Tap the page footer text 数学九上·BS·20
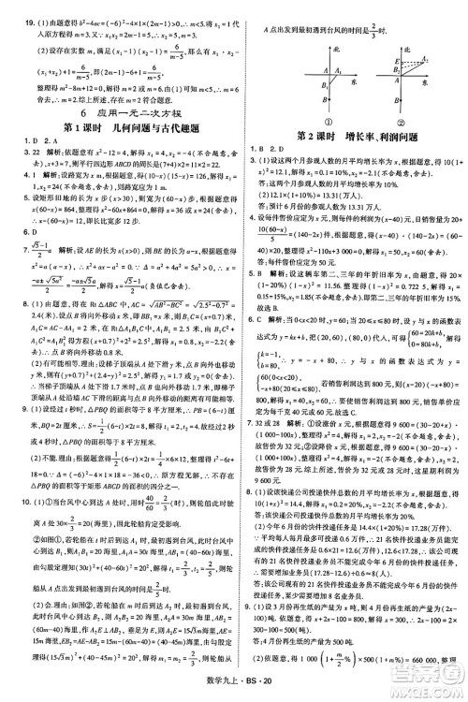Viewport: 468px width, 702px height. coord(233,691)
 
